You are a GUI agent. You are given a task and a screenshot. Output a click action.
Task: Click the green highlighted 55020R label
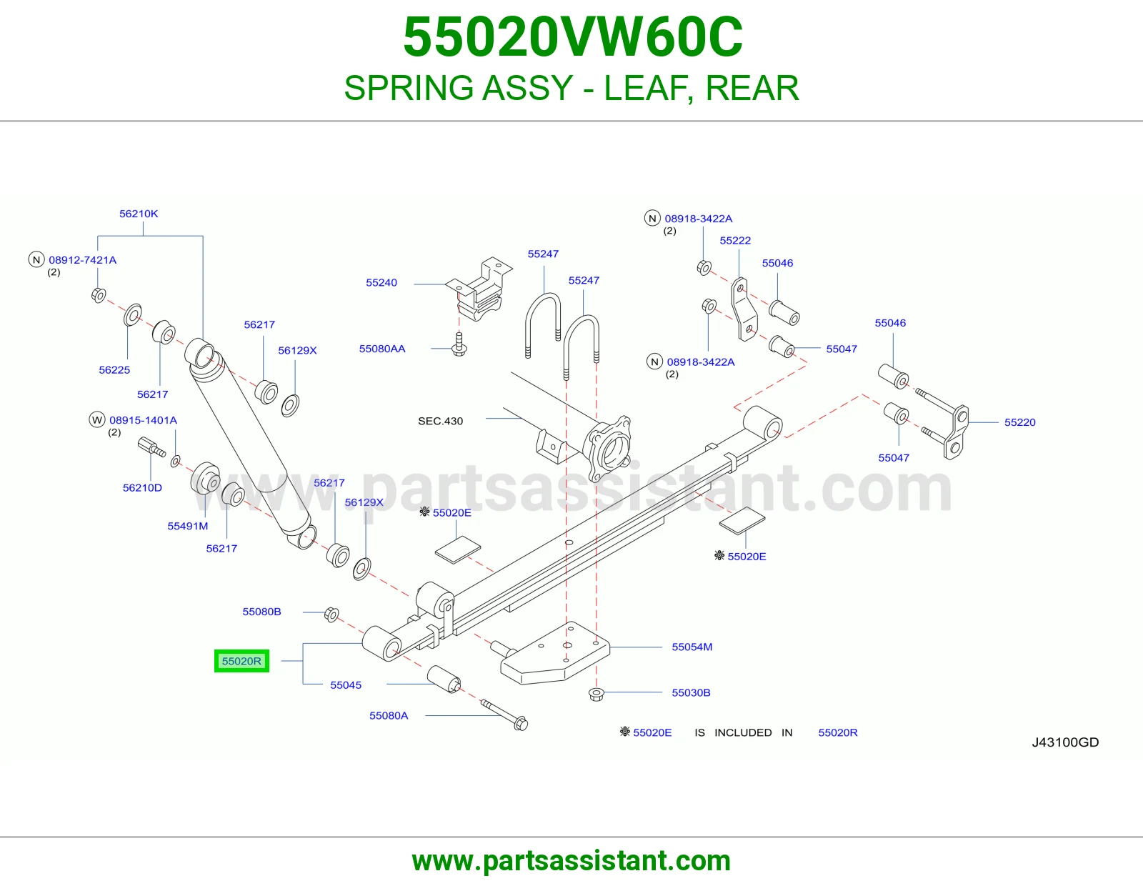point(241,661)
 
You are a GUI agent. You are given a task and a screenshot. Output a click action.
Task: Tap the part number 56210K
point(139,214)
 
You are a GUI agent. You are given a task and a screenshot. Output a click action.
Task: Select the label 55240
point(381,282)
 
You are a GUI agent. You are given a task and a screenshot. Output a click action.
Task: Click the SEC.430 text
point(440,421)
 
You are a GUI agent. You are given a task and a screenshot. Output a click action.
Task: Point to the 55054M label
point(692,647)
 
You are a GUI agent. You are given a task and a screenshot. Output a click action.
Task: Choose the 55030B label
point(691,692)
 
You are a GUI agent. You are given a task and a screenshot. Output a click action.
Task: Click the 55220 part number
point(1019,422)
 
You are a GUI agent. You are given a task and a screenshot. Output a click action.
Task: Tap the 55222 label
point(735,241)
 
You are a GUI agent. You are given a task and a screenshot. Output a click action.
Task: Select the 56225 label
point(114,370)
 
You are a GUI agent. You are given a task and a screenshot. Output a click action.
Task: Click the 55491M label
point(187,526)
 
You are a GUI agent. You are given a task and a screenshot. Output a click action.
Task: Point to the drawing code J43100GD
point(1065,742)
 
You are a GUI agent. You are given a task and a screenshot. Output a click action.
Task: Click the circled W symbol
point(96,420)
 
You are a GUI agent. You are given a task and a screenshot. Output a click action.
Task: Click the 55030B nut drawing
point(596,694)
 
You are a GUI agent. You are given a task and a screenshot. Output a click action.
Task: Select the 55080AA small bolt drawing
point(459,344)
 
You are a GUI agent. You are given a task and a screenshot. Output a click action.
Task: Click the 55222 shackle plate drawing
point(744,309)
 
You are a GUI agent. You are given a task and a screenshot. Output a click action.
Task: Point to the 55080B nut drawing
point(331,614)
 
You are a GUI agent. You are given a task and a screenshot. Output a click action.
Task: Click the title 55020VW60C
point(573,37)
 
